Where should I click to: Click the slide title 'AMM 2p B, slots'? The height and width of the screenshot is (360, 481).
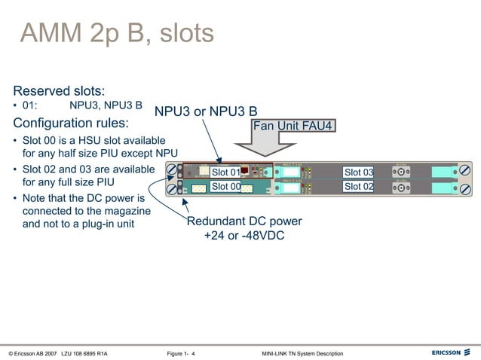[117, 33]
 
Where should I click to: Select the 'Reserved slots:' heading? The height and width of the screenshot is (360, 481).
[59, 90]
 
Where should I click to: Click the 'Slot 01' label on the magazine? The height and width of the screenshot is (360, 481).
[225, 173]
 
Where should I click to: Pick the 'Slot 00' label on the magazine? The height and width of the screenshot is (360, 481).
[225, 187]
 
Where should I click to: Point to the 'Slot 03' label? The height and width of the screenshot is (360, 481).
[358, 172]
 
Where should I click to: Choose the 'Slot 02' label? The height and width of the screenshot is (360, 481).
[358, 187]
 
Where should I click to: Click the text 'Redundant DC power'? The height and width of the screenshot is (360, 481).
[244, 221]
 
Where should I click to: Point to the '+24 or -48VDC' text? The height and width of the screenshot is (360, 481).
[244, 236]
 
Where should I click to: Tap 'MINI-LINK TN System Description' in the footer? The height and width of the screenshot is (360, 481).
[302, 353]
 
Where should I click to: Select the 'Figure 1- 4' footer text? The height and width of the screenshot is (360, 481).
[181, 353]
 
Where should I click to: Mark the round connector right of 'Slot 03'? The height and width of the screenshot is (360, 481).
[403, 172]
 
